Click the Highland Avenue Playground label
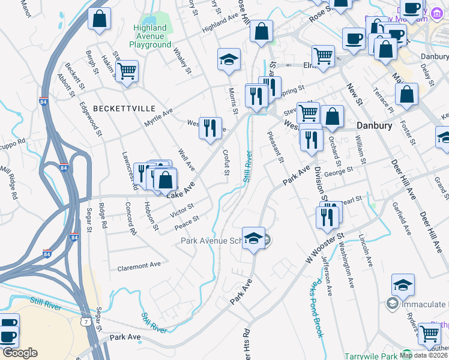[150, 36]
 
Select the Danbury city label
[374, 126]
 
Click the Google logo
[20, 353]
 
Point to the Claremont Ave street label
[139, 265]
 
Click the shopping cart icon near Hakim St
[127, 71]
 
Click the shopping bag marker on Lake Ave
[166, 178]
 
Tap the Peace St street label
[186, 223]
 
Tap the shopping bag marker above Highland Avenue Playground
[100, 18]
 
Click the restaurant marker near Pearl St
[328, 216]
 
